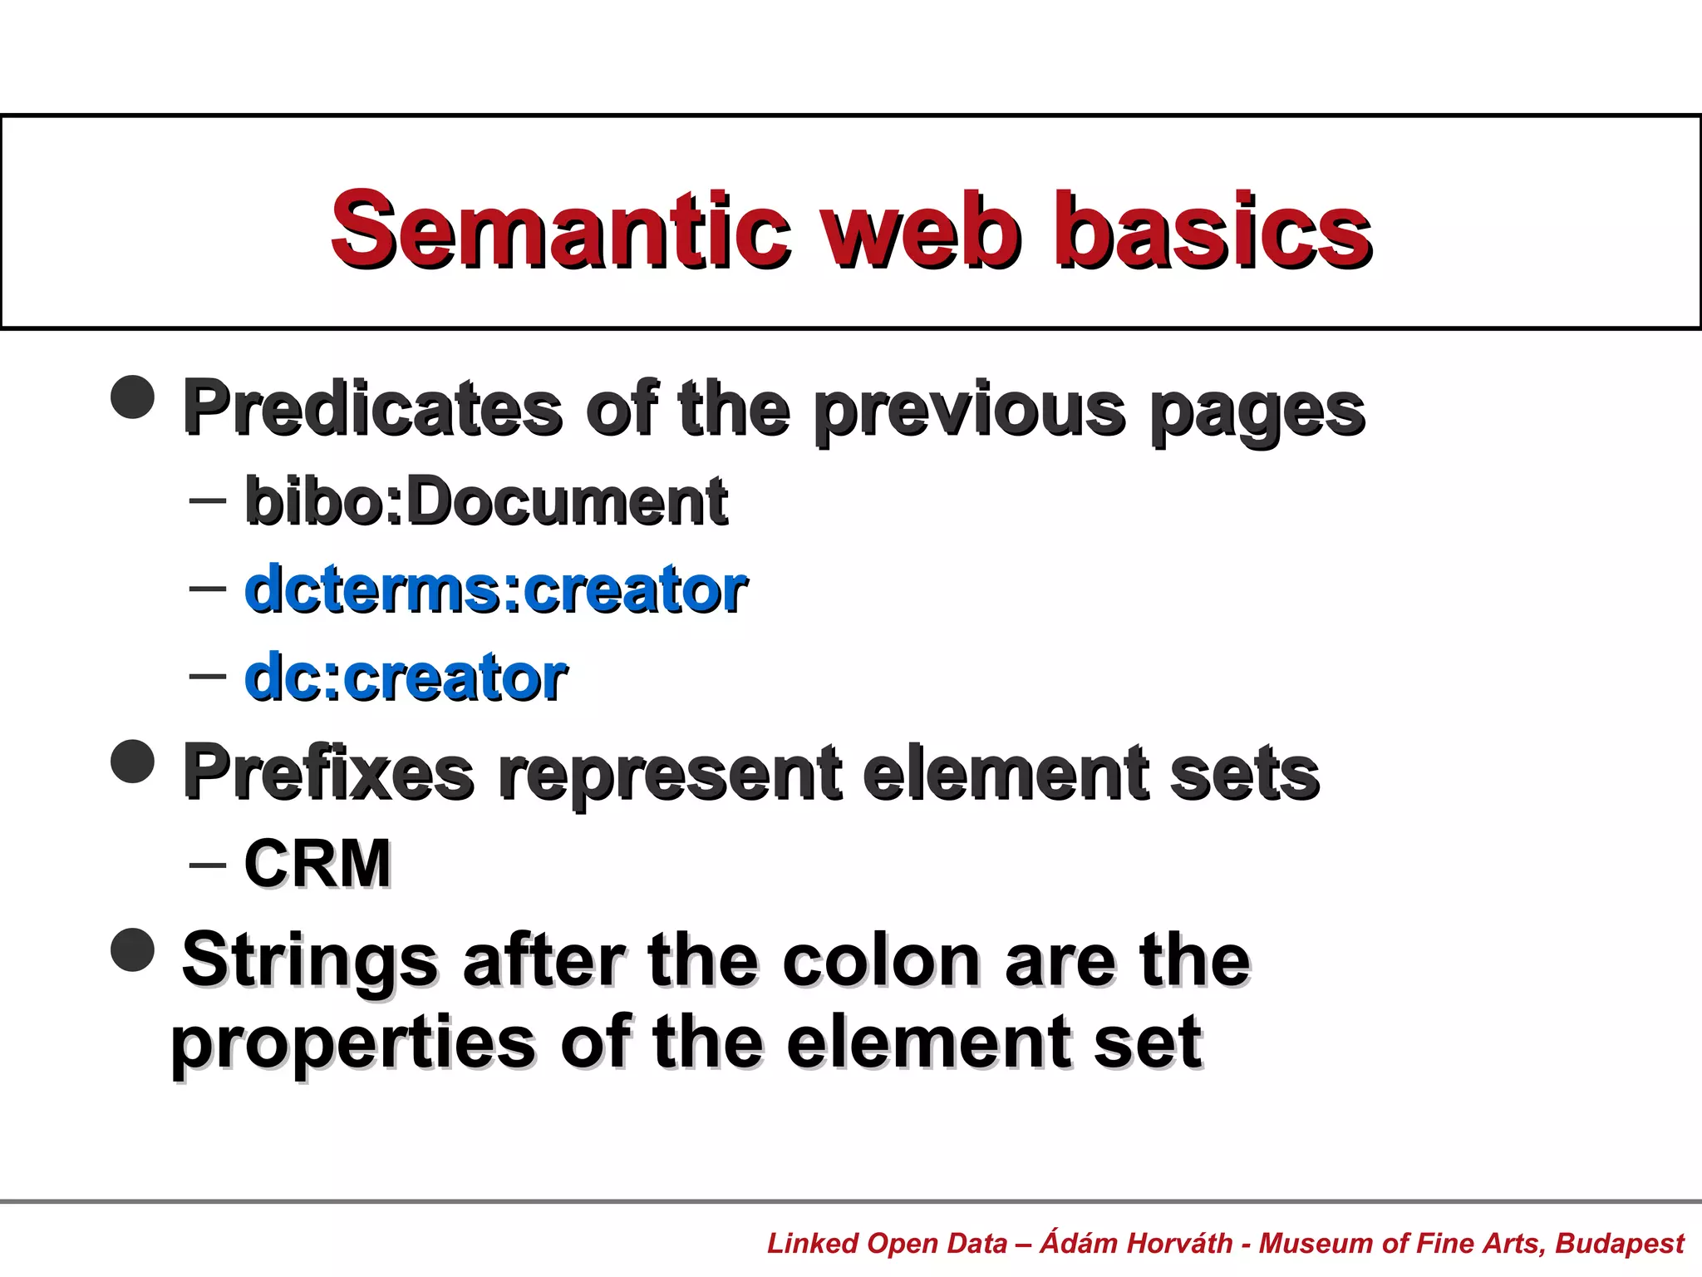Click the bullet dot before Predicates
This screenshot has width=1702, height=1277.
pos(133,397)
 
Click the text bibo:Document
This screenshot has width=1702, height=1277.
pos(486,501)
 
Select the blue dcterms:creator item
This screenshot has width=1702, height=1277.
pos(496,589)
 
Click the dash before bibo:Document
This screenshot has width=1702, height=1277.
pos(207,500)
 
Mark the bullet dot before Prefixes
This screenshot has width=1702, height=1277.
pos(133,761)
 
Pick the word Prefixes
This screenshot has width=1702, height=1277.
pos(328,772)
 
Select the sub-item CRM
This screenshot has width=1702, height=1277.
pos(317,864)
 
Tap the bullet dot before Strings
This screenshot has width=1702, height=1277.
pos(133,949)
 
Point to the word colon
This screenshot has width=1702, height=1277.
pos(882,960)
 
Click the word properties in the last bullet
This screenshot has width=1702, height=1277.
pos(353,1043)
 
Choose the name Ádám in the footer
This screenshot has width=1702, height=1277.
pos(1078,1242)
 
